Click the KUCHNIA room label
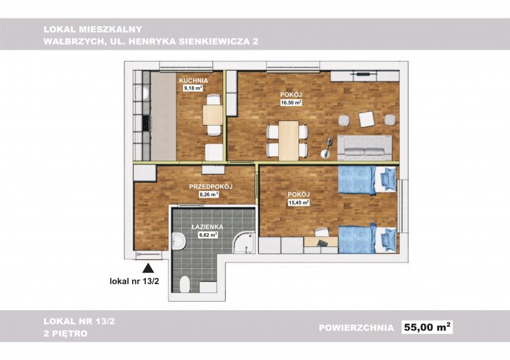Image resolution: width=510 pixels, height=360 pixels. click(193, 80)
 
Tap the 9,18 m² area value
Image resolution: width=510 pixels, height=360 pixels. click(193, 88)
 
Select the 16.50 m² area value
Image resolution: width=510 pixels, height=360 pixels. click(291, 103)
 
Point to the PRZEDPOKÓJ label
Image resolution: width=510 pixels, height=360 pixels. click(210, 187)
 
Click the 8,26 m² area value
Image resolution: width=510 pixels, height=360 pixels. click(208, 194)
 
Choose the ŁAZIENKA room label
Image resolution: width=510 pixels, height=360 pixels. click(207, 227)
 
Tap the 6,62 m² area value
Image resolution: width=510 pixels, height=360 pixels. click(208, 234)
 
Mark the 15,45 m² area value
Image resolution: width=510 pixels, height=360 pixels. click(298, 203)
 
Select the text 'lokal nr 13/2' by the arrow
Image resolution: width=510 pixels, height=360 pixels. click(135, 281)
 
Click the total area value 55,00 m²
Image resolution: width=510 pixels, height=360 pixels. click(427, 327)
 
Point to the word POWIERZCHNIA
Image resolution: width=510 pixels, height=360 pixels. click(356, 328)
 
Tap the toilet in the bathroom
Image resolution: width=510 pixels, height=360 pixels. click(185, 284)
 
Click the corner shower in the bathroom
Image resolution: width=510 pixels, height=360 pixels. click(244, 242)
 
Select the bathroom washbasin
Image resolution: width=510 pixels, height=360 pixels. click(178, 241)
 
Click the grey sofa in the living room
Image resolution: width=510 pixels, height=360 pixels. click(365, 148)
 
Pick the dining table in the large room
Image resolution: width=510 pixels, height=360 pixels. click(289, 140)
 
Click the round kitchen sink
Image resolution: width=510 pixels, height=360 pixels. click(142, 94)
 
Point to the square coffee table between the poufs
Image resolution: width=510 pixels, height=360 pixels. click(367, 119)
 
